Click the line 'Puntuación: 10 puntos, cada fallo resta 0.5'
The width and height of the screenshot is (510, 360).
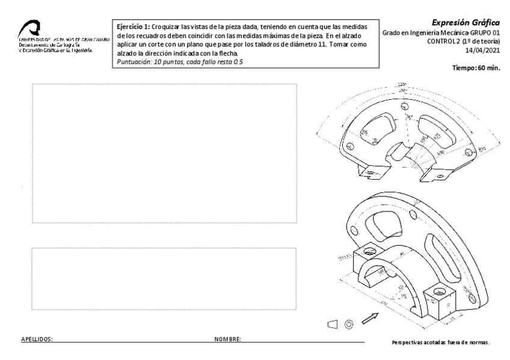(x=179, y=61)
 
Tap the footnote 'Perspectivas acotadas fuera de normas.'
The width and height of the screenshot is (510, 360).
(x=440, y=343)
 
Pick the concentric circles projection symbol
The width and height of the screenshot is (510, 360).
(x=348, y=325)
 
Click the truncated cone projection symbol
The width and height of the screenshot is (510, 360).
(x=332, y=325)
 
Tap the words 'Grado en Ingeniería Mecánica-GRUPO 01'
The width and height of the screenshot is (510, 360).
(x=442, y=32)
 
